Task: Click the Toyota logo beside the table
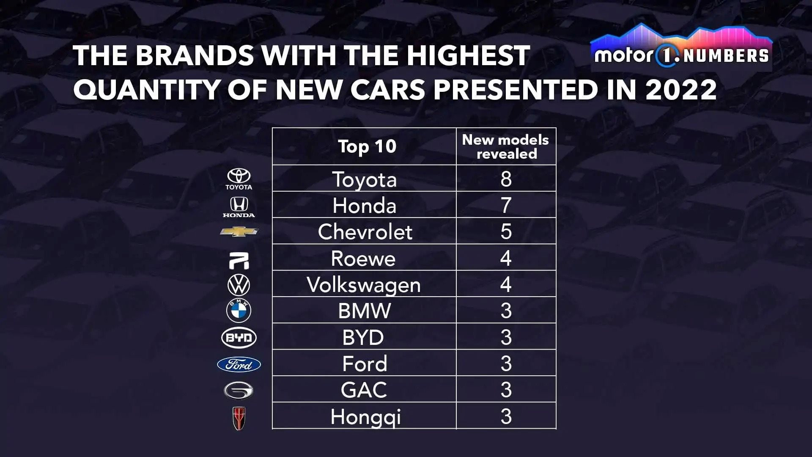[239, 179]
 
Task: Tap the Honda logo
[239, 207]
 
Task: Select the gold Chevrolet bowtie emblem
[239, 231]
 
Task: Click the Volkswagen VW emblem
[239, 285]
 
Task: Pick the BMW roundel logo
[239, 310]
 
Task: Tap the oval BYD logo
[239, 338]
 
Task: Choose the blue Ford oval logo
[239, 364]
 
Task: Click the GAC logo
[239, 390]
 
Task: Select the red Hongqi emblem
[239, 418]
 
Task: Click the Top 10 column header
[367, 146]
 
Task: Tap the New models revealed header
[506, 146]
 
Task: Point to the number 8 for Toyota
[506, 179]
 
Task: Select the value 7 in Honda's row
[506, 205]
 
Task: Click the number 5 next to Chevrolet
[506, 231]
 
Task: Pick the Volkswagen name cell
[364, 285]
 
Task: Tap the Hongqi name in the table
[365, 417]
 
